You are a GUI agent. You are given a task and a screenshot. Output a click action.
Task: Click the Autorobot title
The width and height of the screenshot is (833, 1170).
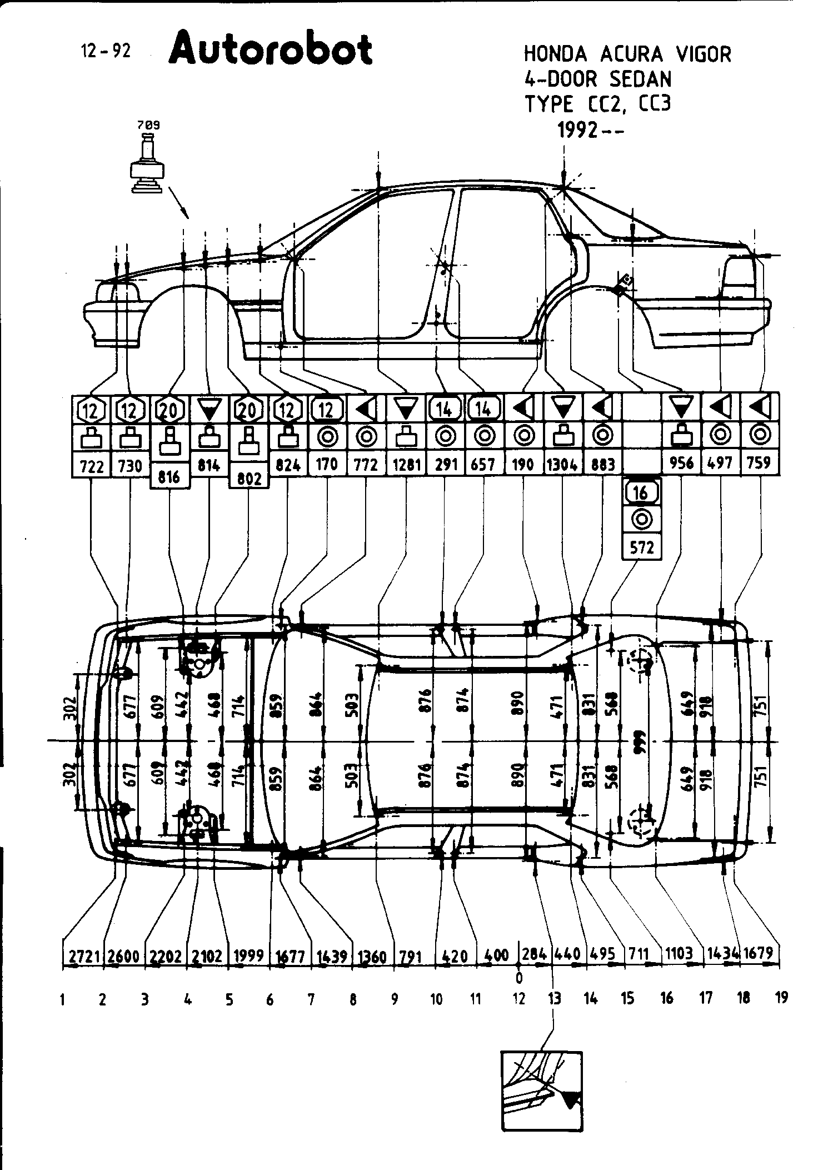pos(271,49)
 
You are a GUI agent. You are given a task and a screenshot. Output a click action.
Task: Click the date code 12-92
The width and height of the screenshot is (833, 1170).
pos(106,52)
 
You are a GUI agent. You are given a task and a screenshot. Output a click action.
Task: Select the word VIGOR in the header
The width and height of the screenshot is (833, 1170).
pos(704,54)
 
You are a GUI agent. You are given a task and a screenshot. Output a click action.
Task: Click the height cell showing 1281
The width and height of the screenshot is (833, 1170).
pos(406,464)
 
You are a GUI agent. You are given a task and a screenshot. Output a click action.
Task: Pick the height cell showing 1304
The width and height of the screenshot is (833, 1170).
pos(562,464)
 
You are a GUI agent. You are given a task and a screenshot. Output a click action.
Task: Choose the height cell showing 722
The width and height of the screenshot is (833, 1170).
pos(92,466)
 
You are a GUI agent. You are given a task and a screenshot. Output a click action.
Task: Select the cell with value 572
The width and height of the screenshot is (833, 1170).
pos(642,547)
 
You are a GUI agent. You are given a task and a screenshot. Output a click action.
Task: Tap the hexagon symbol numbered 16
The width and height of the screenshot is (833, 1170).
pos(642,492)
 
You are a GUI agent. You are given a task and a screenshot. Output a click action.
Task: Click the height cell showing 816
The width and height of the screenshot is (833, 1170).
pos(169,477)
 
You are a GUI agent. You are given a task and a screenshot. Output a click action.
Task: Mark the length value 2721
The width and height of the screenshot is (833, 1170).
pos(84,955)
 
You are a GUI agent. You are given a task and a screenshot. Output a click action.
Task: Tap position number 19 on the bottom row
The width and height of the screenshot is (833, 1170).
pos(781,998)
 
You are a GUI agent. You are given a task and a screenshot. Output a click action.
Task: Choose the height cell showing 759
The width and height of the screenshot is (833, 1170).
pos(759,463)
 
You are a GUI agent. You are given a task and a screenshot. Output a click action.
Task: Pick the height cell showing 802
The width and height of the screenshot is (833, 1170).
pos(248,478)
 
